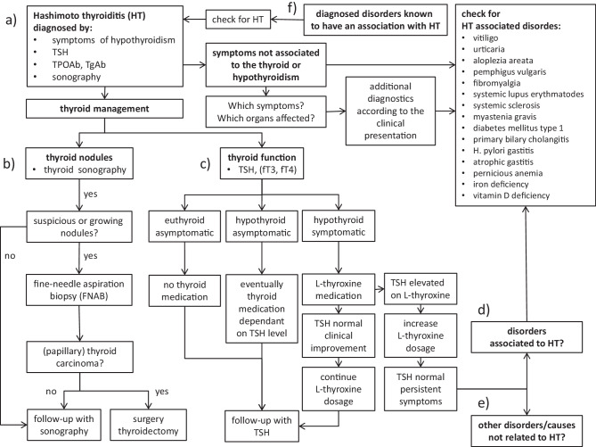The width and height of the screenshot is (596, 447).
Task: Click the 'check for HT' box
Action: [x=234, y=18]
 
